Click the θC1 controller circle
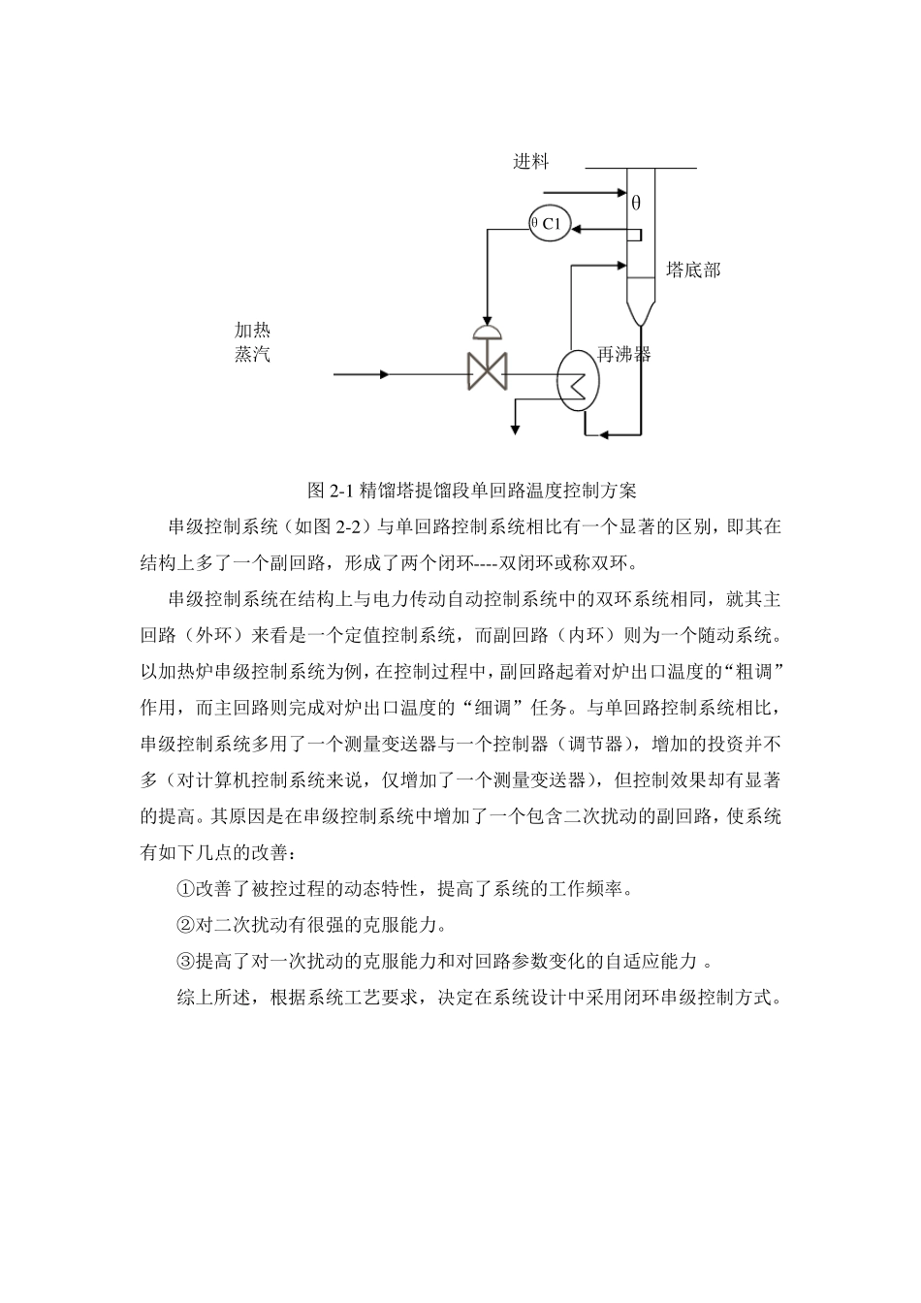pos(550,225)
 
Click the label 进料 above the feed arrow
pos(530,161)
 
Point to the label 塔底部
pos(693,270)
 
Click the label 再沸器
pos(624,354)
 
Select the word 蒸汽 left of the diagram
pos(252,354)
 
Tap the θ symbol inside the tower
pos(636,204)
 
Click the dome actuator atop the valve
pos(486,333)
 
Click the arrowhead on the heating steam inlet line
pos(385,373)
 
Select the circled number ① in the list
pos(185,888)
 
